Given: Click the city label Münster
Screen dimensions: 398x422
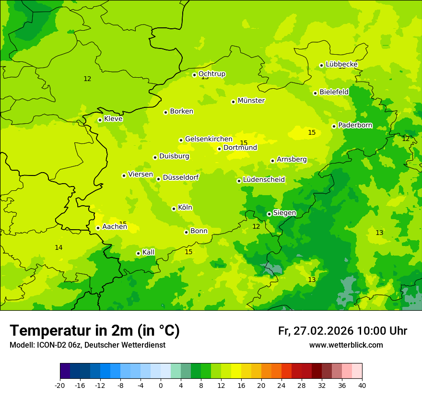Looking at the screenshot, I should click(x=251, y=101).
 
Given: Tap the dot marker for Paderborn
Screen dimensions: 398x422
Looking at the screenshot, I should click(x=334, y=126).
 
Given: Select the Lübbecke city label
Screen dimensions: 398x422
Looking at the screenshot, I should click(x=341, y=64).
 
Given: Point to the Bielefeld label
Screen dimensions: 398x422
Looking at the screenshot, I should click(x=334, y=92).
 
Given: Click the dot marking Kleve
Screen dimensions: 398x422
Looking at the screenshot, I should click(x=100, y=120).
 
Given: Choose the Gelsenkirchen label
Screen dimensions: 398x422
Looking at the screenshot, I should click(x=209, y=139).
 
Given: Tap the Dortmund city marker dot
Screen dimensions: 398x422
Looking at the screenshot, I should click(x=219, y=149).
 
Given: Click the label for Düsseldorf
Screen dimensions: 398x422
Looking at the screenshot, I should click(x=181, y=177).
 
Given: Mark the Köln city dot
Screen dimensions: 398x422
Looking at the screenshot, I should click(x=174, y=209).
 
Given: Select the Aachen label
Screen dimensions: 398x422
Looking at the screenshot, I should click(x=115, y=227).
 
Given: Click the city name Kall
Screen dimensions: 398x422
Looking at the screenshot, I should click(x=148, y=252).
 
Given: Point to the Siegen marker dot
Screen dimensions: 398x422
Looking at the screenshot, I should click(x=269, y=214).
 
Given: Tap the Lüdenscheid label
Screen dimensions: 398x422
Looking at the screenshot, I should click(x=264, y=180).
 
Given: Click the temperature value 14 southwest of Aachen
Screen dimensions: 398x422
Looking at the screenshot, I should click(x=59, y=247).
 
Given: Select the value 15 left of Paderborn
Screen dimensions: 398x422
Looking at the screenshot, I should click(x=312, y=132).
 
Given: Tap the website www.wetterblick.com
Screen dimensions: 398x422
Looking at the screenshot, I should click(x=346, y=345).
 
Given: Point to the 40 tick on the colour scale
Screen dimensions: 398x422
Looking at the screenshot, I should click(x=362, y=385).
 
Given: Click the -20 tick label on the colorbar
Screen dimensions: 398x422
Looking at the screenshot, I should click(x=60, y=385).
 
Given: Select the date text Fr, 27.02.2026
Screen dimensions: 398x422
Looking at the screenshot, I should click(x=316, y=331).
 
